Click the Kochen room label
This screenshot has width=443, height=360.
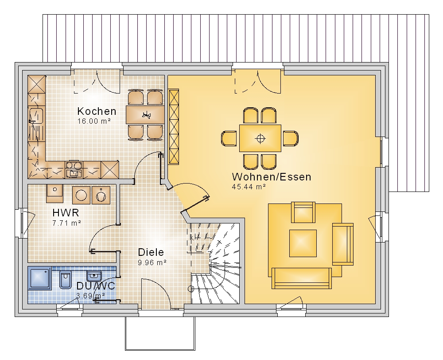pyautogui.click(x=97, y=111)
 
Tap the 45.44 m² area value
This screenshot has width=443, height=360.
pyautogui.click(x=249, y=187)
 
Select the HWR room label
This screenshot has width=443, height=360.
pyautogui.click(x=66, y=213)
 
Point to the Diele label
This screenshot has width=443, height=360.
pyautogui.click(x=151, y=252)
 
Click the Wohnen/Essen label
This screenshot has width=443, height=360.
pyautogui.click(x=272, y=177)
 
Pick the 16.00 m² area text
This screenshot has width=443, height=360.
pyautogui.click(x=94, y=121)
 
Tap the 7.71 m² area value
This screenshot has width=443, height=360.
pyautogui.click(x=67, y=223)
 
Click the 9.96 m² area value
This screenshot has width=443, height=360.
pyautogui.click(x=152, y=263)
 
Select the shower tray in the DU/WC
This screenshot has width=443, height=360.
pyautogui.click(x=39, y=278)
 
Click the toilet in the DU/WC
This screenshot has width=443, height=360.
pyautogui.click(x=66, y=280)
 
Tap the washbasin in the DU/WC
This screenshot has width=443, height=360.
pyautogui.click(x=94, y=275)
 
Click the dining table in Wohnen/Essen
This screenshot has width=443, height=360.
pyautogui.click(x=260, y=138)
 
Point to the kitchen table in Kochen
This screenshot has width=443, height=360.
pyautogui.click(x=145, y=114)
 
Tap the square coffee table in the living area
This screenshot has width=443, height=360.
pyautogui.click(x=303, y=243)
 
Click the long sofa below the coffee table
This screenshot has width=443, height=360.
pyautogui.click(x=301, y=278)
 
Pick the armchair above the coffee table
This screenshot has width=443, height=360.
pyautogui.click(x=303, y=212)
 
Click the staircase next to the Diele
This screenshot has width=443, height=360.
pyautogui.click(x=215, y=263)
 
